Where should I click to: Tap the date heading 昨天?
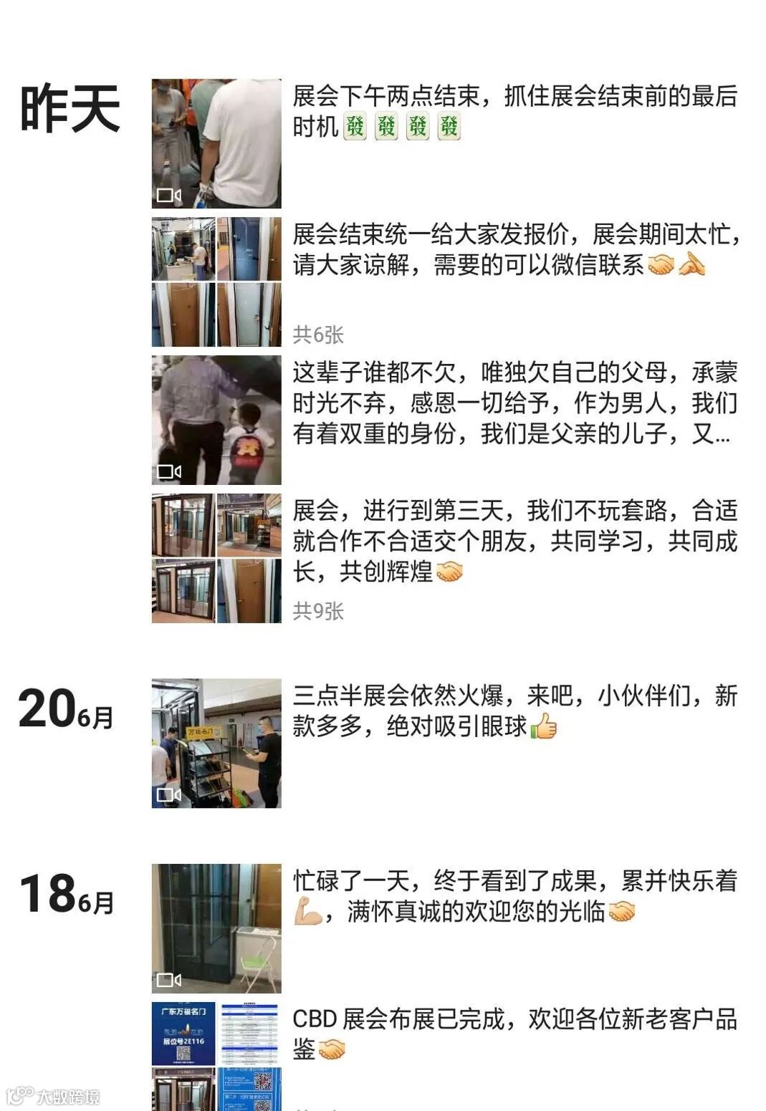70,108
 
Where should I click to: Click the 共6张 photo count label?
318,335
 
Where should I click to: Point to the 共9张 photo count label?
318,611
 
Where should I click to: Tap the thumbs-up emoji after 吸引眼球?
544,726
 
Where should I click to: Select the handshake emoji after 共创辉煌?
449,572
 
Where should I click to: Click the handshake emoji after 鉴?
331,1049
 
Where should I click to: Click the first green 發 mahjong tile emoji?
355,126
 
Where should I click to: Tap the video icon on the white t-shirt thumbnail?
168,195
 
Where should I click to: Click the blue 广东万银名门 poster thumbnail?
183,1034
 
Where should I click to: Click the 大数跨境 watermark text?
69,1097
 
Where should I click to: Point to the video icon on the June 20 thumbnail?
168,794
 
